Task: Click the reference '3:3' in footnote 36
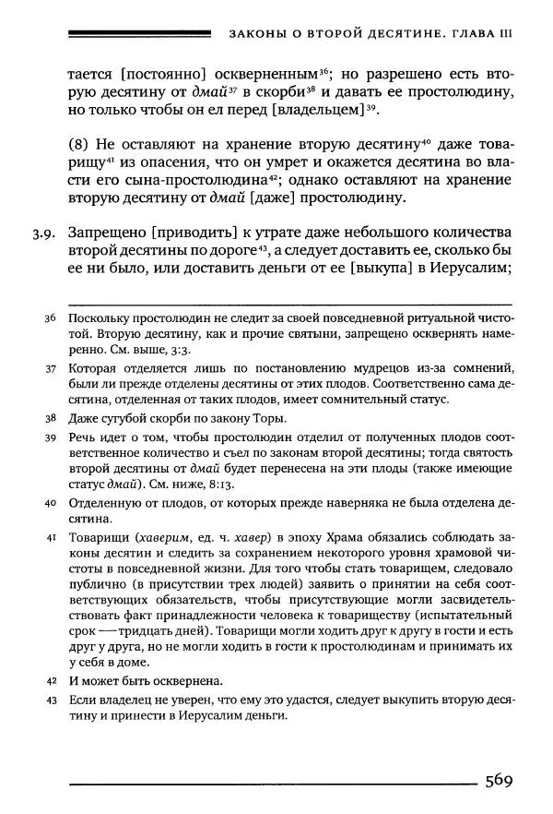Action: pos(201,352)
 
